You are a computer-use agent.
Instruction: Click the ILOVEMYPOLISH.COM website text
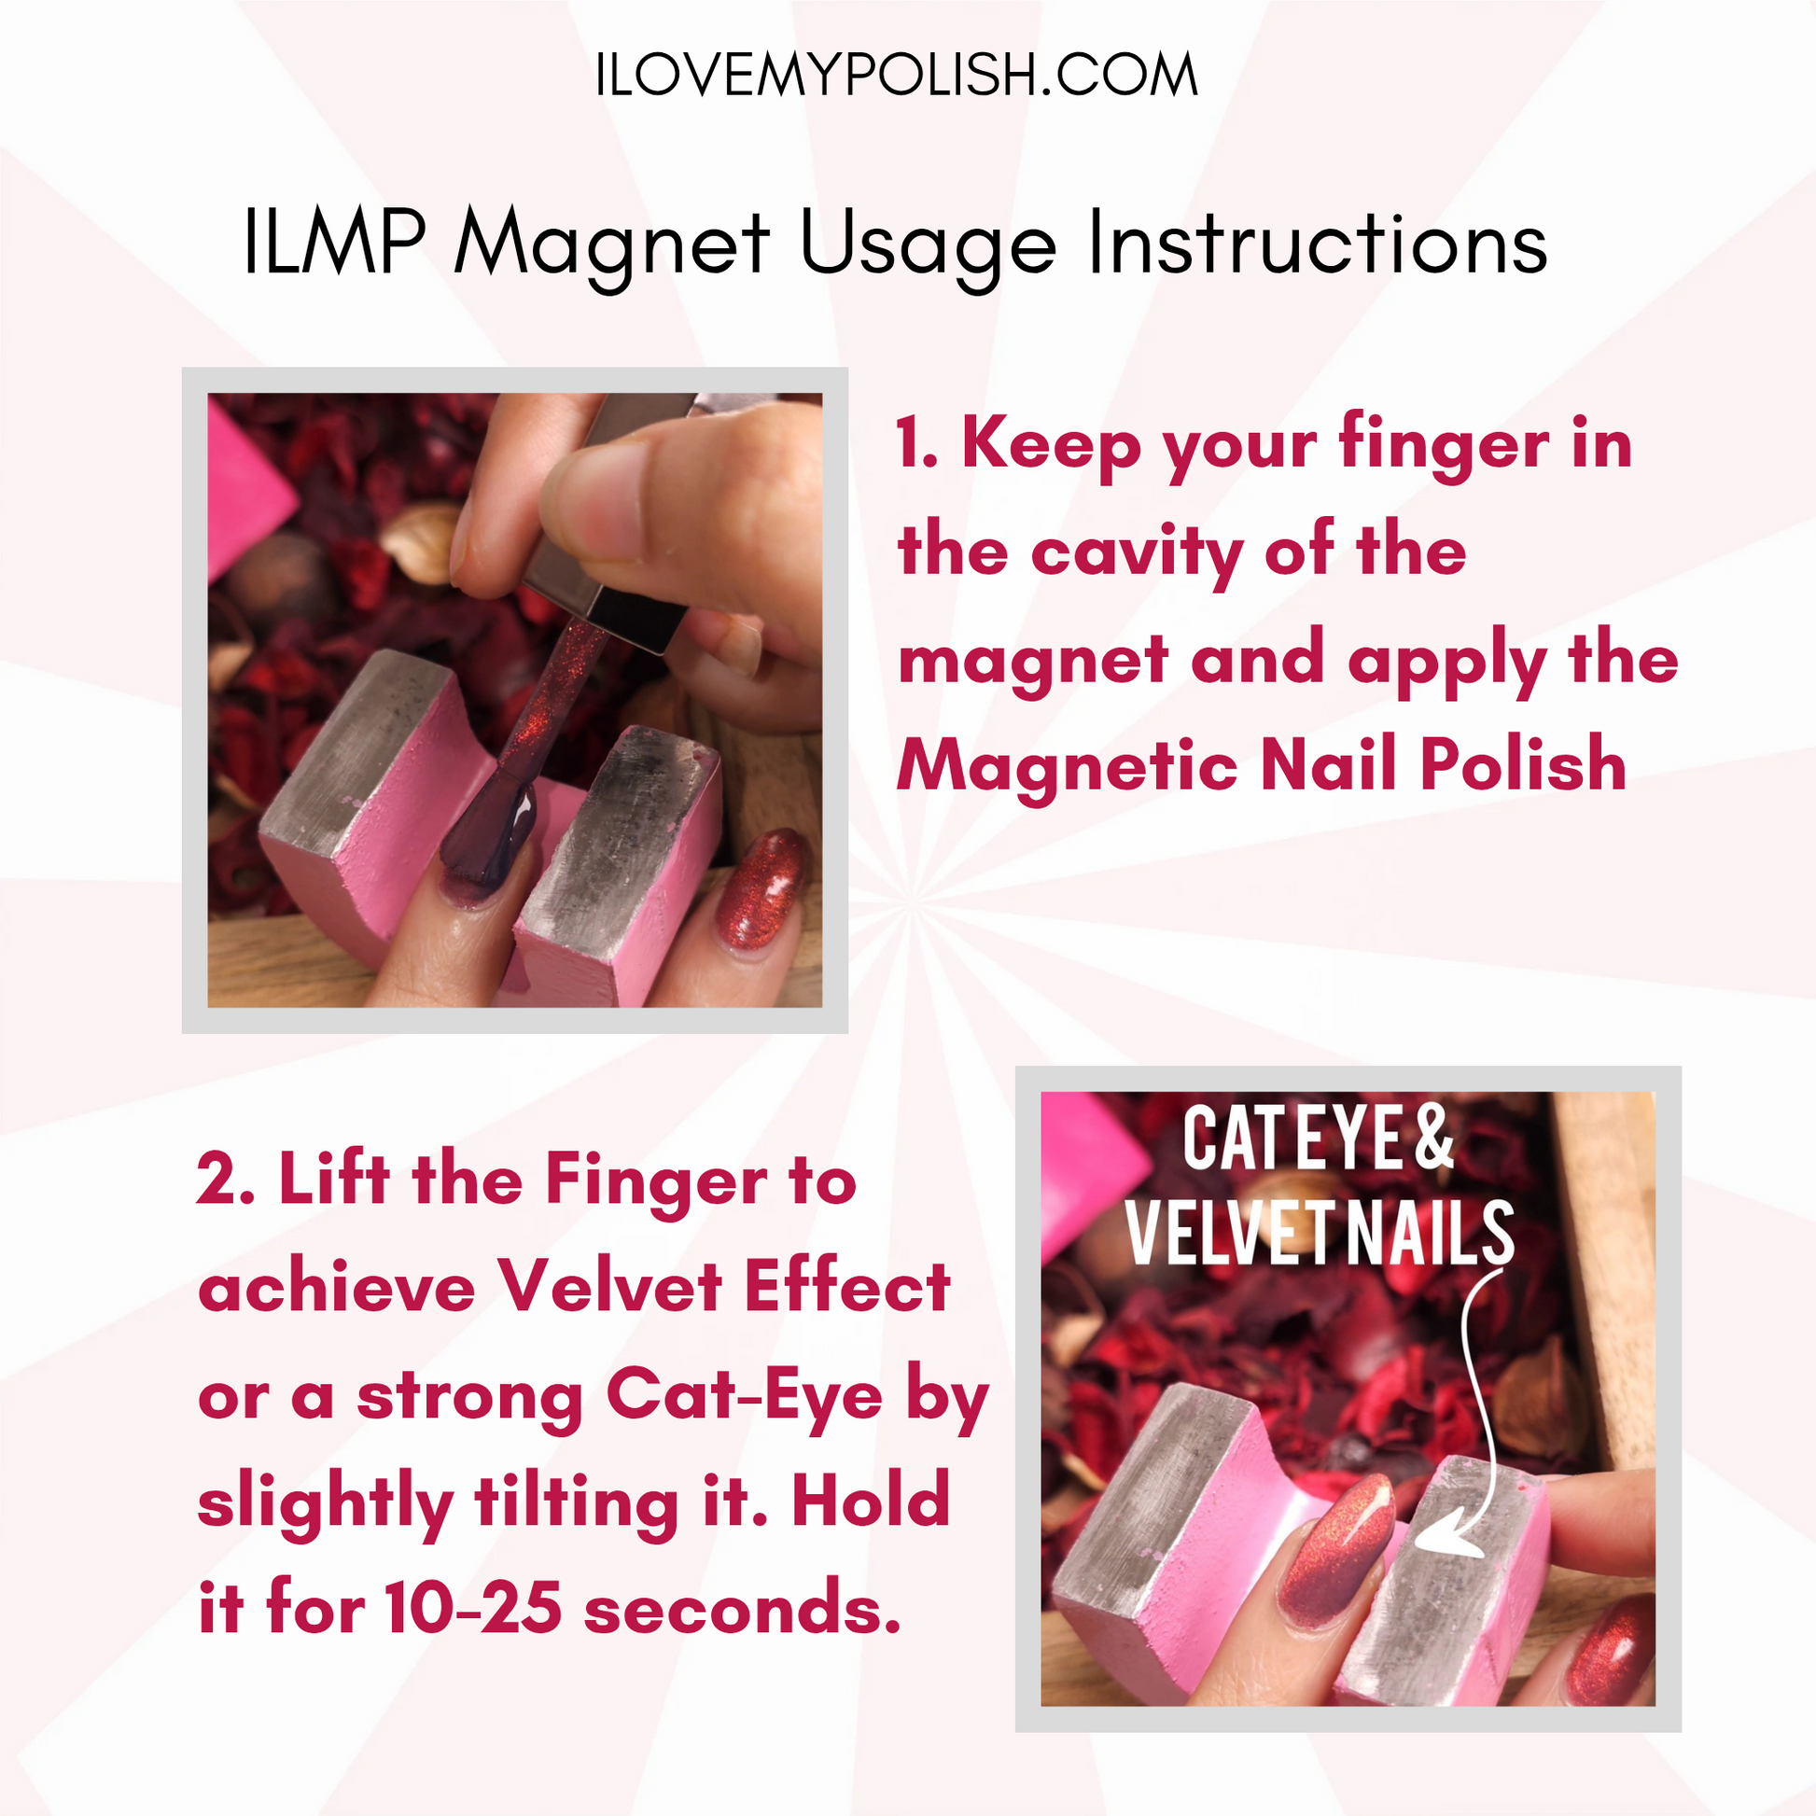pyautogui.click(x=897, y=76)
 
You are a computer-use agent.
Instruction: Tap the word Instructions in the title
pyautogui.click(x=1318, y=243)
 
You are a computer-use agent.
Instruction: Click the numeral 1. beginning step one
pyautogui.click(x=916, y=443)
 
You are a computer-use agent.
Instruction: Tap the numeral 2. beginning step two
pyautogui.click(x=226, y=1180)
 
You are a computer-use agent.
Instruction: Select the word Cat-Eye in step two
pyautogui.click(x=745, y=1396)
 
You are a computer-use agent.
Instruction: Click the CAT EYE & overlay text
pyautogui.click(x=1318, y=1138)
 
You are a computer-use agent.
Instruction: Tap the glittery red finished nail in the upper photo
pyautogui.click(x=761, y=889)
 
